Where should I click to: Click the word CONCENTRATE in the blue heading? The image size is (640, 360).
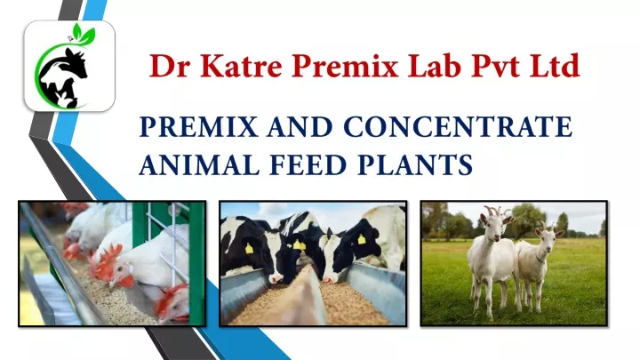coord(457,129)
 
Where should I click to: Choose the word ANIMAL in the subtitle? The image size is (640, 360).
coord(189,165)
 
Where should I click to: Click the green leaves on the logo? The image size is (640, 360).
coord(84,36)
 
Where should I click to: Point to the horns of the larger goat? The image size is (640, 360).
coord(492,212)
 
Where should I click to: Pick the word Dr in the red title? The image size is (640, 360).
coord(164,66)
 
